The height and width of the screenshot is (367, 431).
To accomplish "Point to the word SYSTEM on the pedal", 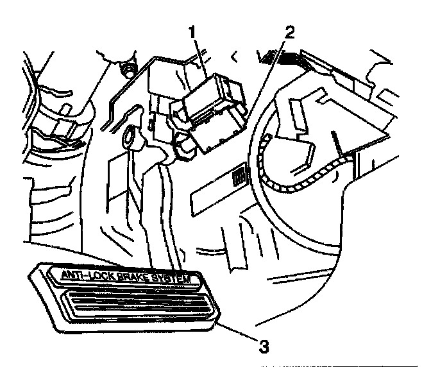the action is (x=176, y=278).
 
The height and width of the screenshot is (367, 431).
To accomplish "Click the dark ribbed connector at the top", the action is (x=282, y=59).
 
